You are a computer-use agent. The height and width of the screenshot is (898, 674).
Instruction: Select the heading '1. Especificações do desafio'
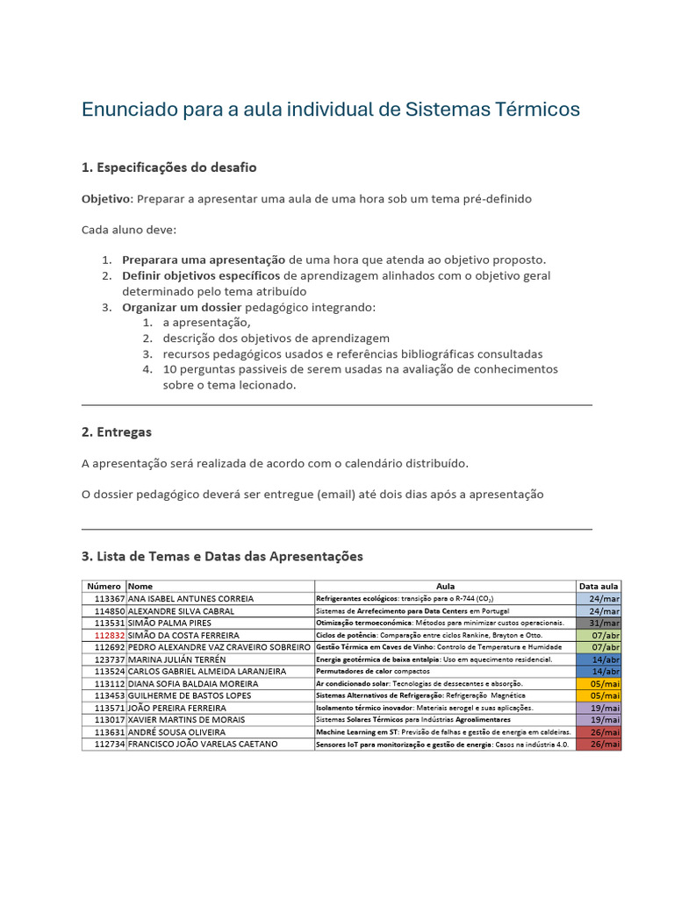168,167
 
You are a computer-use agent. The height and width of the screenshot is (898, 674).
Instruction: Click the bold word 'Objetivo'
105,199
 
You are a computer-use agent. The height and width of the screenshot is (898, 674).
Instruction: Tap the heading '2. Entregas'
116,431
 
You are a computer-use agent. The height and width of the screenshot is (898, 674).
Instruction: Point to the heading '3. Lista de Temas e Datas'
221,556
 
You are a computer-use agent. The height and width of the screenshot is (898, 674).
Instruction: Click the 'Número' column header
104,586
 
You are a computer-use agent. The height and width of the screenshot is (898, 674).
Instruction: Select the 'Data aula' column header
599,586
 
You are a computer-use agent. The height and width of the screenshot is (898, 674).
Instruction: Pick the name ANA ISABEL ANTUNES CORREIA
190,598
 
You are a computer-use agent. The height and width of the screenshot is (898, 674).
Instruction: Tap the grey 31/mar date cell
599,623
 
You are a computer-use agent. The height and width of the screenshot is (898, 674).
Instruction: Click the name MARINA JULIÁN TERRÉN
176,659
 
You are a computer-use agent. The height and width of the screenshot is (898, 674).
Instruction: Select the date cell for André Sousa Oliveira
599,731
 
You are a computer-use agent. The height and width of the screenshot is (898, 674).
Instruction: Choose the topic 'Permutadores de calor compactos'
373,671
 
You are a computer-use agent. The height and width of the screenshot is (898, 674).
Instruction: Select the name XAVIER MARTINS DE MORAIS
185,719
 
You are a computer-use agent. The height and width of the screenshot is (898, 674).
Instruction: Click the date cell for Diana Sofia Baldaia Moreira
599,683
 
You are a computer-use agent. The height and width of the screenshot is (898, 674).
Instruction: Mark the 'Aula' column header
445,586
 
